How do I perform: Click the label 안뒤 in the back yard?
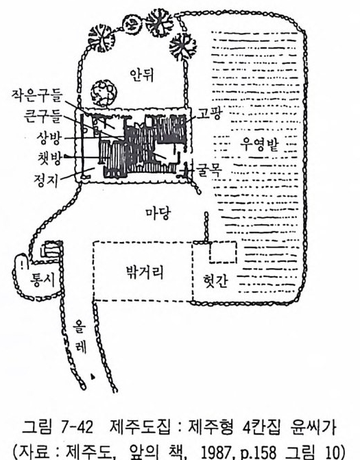[143, 75]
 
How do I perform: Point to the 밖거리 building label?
[145, 272]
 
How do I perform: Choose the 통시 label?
[43, 278]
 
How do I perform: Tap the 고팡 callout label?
[208, 114]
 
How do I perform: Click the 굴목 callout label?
[209, 169]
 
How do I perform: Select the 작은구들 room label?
[37, 95]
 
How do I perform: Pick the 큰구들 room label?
[43, 116]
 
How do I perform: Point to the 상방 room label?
[49, 137]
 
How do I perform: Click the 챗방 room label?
[49, 158]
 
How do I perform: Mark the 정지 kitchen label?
[46, 180]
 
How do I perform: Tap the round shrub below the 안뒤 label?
[104, 93]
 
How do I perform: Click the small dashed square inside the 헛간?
[223, 252]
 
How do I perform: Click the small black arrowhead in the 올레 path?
[93, 376]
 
